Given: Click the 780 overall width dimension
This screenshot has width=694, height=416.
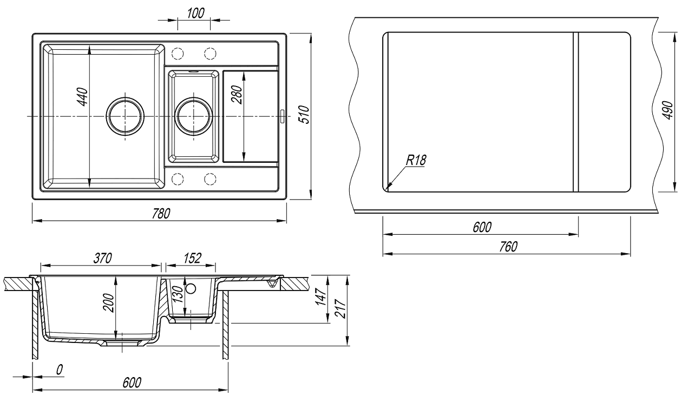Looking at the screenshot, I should pyautogui.click(x=160, y=213).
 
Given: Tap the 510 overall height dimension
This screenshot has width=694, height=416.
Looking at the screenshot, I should pyautogui.click(x=304, y=115).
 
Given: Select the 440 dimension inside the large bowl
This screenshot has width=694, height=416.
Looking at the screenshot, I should pyautogui.click(x=82, y=98).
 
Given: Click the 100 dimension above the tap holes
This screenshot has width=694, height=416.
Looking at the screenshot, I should pyautogui.click(x=195, y=14).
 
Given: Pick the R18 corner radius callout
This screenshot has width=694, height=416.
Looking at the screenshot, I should pyautogui.click(x=415, y=160).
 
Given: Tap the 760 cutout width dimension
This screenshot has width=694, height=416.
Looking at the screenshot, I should pyautogui.click(x=507, y=247).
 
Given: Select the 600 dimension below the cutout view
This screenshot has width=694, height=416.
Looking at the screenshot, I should pyautogui.click(x=481, y=228).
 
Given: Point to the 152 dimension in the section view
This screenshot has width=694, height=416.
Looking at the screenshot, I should pyautogui.click(x=191, y=259).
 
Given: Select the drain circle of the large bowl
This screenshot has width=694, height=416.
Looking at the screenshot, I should pyautogui.click(x=125, y=116).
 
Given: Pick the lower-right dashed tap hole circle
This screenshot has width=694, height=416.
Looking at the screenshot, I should pyautogui.click(x=210, y=179).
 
